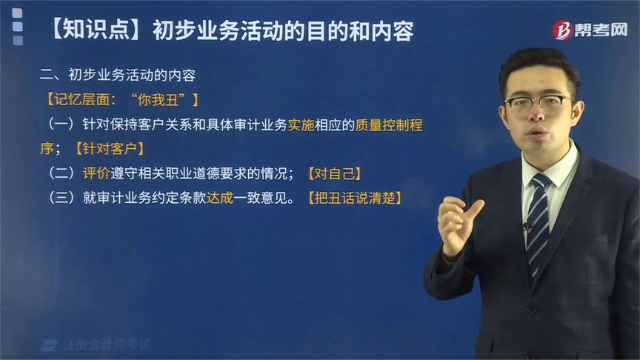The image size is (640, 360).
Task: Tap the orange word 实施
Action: click(303, 124)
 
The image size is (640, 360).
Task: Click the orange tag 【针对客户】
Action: click(109, 148)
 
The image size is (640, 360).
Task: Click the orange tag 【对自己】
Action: click(334, 173)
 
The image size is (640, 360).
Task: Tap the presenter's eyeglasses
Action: click(538, 103)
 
